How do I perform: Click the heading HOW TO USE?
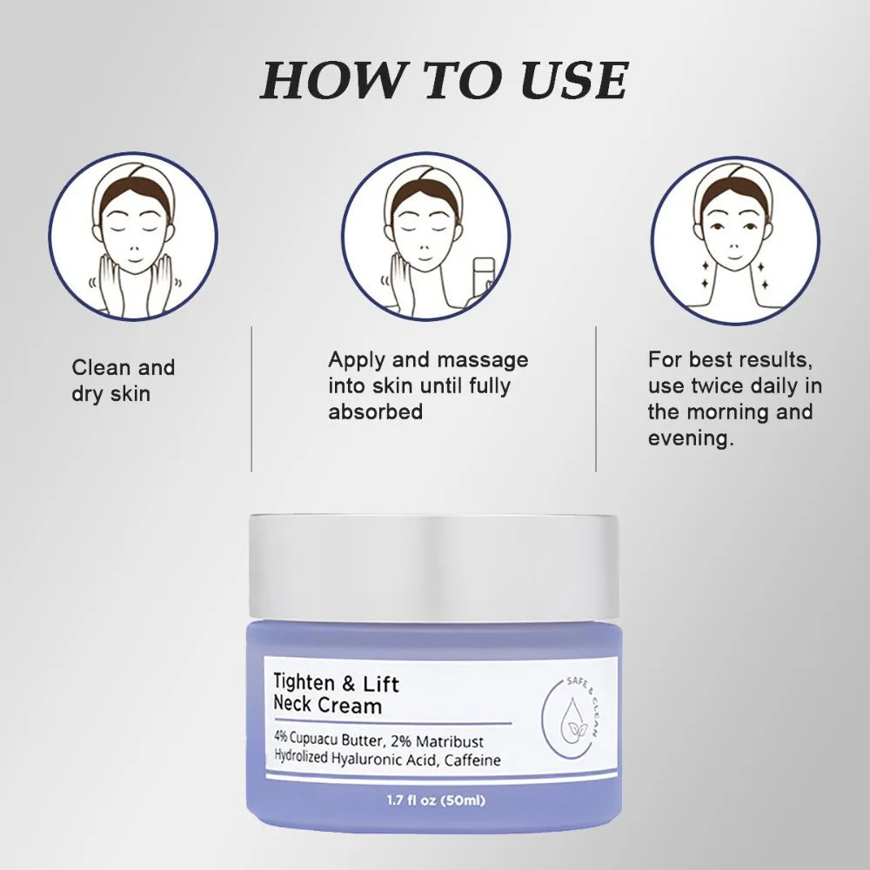pos(444,80)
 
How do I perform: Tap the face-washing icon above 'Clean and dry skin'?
pos(133,237)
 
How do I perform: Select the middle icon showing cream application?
pos(425,237)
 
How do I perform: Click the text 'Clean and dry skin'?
pos(123,380)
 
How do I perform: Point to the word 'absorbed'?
pos(375,412)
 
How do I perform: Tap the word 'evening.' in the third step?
pos(691,438)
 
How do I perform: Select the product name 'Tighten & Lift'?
pos(337,684)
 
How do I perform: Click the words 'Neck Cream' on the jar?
pos(329,706)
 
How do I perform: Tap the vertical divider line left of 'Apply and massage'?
pos(251,398)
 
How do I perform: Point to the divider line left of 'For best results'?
pos(596,398)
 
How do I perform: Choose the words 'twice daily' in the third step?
pos(748,385)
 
